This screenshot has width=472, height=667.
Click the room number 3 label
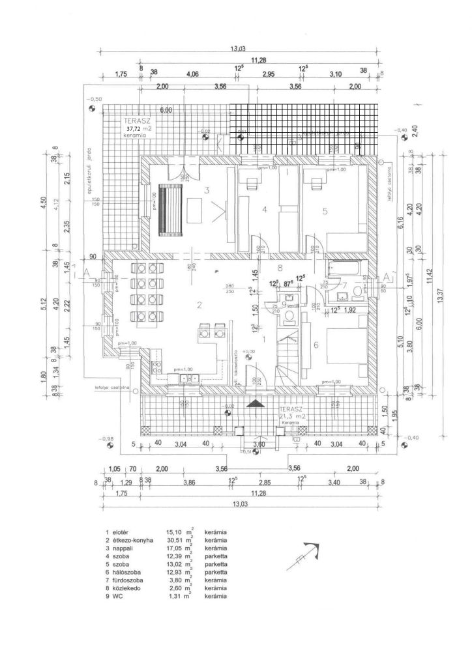click(x=205, y=191)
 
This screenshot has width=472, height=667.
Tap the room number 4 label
click(x=265, y=210)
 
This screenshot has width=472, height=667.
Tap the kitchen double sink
click(x=189, y=378)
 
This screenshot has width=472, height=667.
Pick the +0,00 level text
click(x=248, y=352)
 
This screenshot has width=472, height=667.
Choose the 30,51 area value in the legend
click(x=175, y=540)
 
